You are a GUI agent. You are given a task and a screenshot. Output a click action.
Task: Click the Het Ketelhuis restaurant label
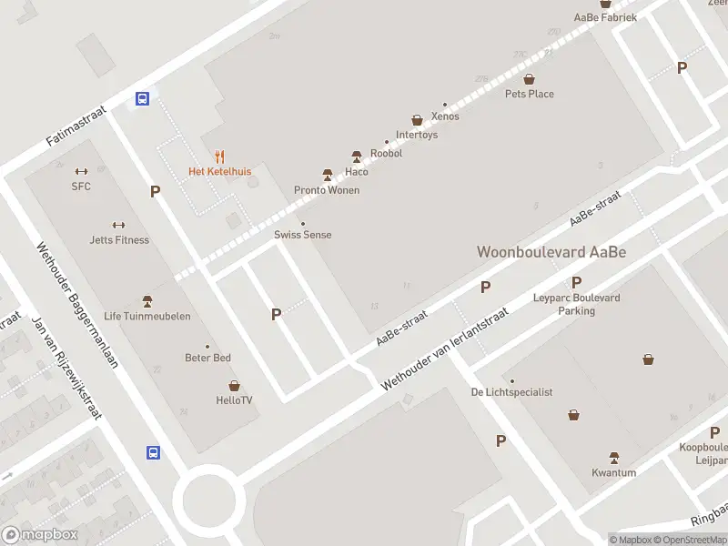219,171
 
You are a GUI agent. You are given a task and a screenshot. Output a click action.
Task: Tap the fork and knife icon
219,157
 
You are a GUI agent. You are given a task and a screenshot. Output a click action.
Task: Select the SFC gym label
81,186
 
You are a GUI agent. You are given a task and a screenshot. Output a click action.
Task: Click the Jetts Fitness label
119,240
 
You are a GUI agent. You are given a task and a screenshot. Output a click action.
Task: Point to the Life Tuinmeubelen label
147,316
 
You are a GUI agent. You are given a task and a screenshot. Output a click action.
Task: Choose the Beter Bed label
208,358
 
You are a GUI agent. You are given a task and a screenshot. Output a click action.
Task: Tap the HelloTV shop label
234,400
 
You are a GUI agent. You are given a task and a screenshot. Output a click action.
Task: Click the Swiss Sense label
303,235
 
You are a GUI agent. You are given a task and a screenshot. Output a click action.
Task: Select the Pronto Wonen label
327,190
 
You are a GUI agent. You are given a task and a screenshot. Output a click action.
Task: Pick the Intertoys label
417,135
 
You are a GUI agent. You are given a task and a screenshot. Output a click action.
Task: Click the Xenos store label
446,116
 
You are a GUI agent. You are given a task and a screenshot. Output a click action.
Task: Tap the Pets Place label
530,94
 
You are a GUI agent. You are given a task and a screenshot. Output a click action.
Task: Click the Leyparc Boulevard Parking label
576,304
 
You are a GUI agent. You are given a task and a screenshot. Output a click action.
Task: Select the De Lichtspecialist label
512,392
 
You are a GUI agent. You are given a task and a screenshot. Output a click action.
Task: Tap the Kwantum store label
614,472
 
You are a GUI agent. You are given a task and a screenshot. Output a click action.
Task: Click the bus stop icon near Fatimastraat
143,98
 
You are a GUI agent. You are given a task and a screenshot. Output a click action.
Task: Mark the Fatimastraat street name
76,126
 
